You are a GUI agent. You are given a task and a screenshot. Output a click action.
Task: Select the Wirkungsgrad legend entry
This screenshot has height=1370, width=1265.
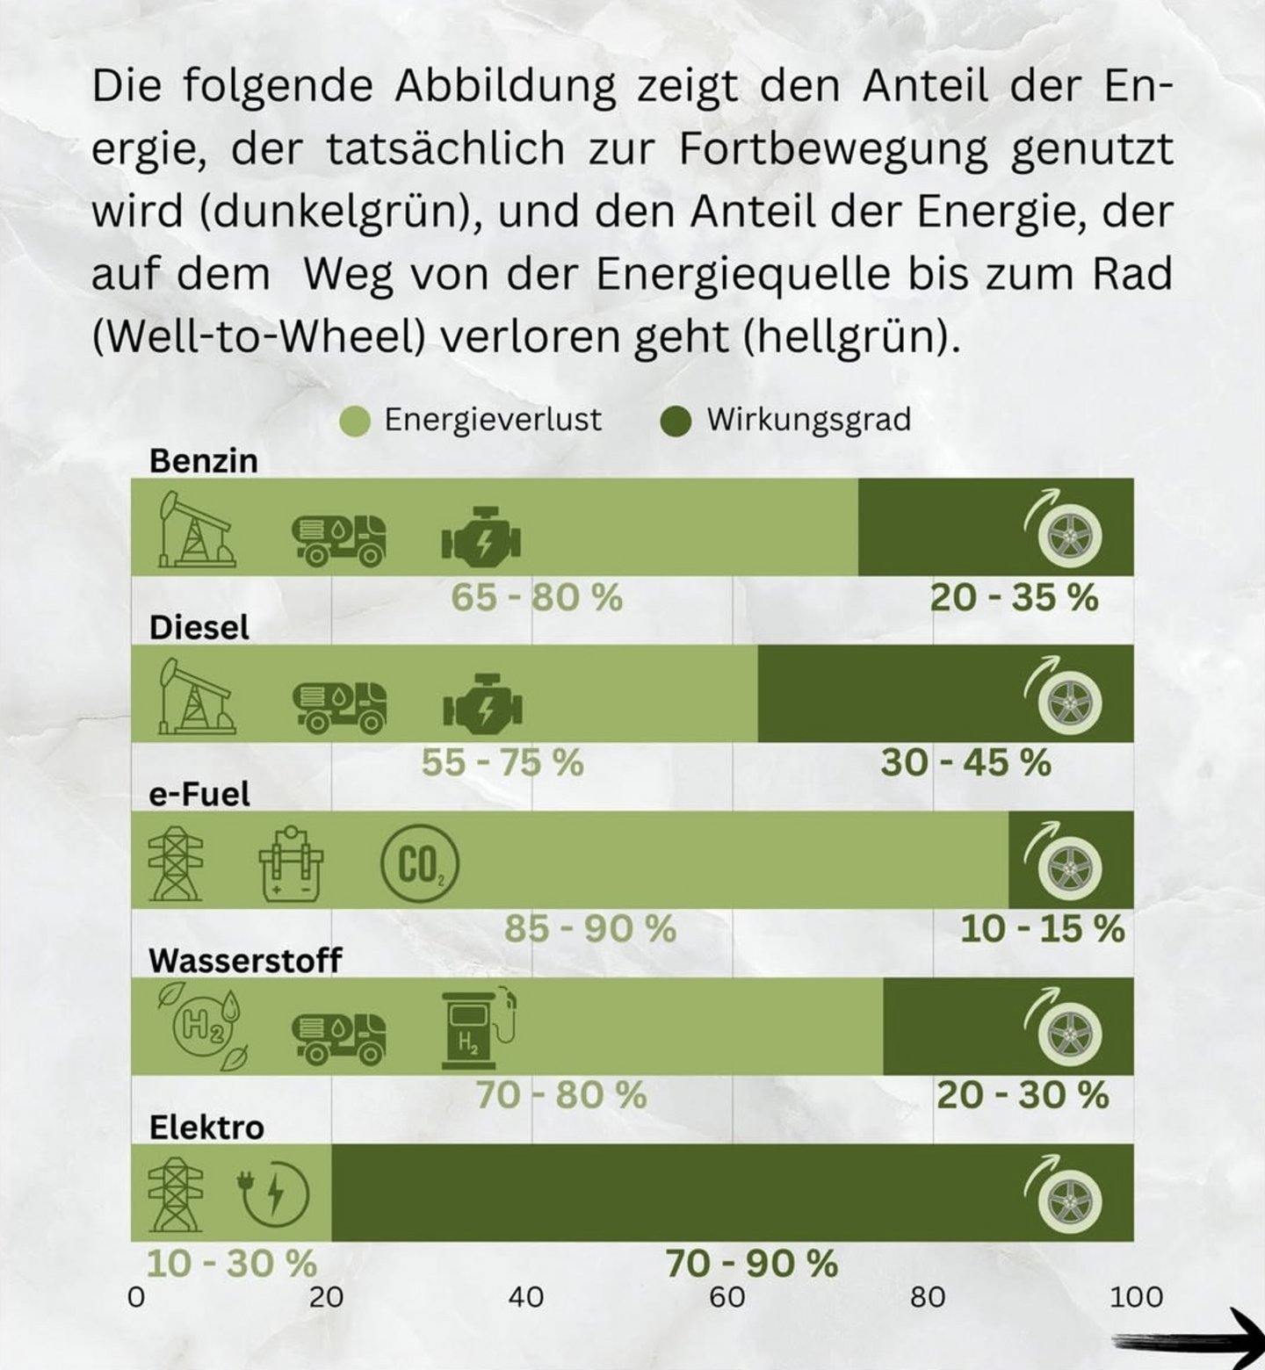[786, 420]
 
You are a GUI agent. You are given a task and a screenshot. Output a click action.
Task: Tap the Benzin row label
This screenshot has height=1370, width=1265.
[204, 461]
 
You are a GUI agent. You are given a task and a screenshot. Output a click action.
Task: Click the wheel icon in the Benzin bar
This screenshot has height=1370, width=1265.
[1068, 533]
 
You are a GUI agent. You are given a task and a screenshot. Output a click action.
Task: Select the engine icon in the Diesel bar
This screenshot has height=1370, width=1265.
[482, 703]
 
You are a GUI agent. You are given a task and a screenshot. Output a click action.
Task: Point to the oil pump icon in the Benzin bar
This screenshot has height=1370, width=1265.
[195, 530]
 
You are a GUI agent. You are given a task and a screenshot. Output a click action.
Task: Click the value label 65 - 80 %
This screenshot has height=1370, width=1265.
[537, 598]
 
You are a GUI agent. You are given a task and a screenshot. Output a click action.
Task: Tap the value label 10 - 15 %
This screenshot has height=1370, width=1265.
[1042, 929]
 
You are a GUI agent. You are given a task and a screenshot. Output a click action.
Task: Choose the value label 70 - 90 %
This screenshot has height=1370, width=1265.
[751, 1265]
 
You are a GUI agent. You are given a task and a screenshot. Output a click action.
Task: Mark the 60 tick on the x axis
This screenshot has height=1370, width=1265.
[727, 1296]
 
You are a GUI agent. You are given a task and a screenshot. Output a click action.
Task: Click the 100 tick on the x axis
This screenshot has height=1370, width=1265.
[1136, 1296]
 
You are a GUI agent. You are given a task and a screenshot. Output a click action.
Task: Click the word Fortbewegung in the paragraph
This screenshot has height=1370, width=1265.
[833, 149]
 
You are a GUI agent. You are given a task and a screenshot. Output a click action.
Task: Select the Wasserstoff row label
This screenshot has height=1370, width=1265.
[245, 961]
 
